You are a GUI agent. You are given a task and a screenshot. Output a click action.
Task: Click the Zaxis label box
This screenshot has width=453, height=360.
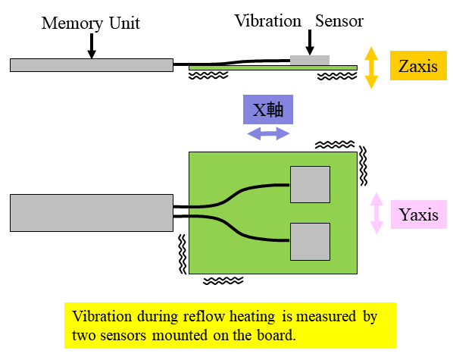418,65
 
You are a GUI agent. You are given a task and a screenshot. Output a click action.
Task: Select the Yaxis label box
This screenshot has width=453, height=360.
419,214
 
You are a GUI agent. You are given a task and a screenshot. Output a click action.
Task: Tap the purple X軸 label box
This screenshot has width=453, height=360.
268,110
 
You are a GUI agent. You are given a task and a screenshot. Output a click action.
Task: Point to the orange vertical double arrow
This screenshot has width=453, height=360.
371,67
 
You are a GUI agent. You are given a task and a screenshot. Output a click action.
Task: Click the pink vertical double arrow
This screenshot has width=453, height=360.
376,213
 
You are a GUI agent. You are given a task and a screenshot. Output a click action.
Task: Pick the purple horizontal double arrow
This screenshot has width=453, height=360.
268,133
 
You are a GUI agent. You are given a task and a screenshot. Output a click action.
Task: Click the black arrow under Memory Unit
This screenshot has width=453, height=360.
92,46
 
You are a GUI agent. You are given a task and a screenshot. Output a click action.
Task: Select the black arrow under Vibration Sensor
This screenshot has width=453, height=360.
310,42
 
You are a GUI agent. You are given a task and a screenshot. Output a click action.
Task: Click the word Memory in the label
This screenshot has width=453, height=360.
72,23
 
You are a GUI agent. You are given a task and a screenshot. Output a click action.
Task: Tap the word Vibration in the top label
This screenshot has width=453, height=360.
268,21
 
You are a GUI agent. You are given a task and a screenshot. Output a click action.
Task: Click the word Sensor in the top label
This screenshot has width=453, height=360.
339,21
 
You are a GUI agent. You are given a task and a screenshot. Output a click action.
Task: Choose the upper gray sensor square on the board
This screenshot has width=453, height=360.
310,184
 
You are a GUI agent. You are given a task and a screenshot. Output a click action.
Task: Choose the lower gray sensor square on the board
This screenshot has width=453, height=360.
310,242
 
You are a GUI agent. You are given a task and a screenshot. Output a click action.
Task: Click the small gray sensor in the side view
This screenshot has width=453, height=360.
310,61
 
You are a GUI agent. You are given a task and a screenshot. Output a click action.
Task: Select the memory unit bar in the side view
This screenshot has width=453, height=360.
92,65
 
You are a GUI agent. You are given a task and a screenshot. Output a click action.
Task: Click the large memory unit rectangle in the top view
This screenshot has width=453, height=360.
92,213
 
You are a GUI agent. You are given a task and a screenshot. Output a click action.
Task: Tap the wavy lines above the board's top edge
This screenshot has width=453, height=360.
335,144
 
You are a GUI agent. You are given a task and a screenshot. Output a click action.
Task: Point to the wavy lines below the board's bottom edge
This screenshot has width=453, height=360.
223,280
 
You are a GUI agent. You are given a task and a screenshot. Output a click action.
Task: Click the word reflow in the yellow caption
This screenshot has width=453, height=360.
204,316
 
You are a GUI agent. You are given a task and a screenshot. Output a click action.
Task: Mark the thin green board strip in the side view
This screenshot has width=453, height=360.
273,68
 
